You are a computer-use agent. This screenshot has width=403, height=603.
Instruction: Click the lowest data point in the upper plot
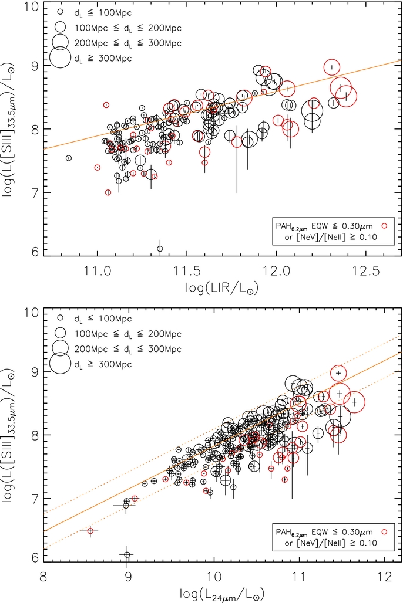tap(160, 249)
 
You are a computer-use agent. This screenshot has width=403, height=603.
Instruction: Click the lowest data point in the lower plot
tap(127, 554)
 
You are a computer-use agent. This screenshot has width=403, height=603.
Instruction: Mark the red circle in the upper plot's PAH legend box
tap(384, 225)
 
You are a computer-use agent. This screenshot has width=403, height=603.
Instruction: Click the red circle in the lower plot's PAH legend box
tap(384, 531)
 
